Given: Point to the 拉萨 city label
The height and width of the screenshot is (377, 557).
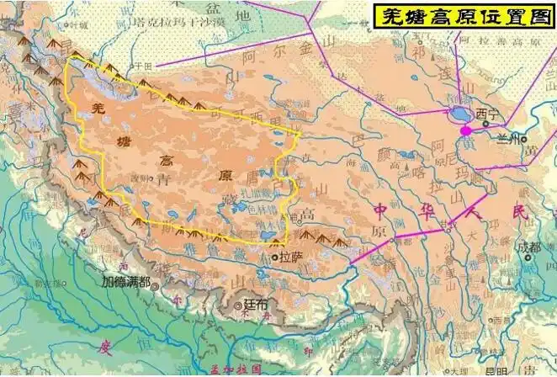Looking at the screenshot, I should pos(290,257).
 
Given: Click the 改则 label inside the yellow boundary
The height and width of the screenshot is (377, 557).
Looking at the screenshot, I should pos(140,178).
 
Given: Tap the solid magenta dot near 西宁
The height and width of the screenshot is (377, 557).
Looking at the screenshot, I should pos(466,130).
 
